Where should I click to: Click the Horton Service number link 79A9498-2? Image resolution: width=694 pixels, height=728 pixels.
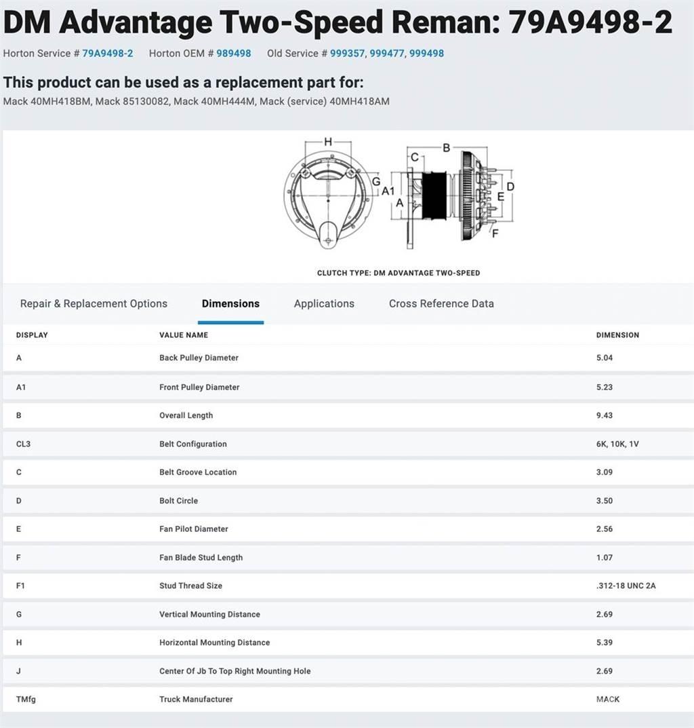[x=108, y=54]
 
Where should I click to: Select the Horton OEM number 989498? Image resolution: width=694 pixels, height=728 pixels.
[x=234, y=54]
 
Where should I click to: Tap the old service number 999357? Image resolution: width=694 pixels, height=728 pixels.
[x=348, y=54]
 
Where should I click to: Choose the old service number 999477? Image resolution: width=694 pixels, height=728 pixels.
[x=387, y=54]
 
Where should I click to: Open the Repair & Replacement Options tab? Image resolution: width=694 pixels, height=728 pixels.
[x=94, y=304]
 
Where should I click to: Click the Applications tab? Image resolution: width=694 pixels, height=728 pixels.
[x=324, y=304]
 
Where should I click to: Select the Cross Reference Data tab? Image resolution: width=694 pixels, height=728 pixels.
[x=441, y=304]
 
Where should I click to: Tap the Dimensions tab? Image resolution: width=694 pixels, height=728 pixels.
[x=230, y=304]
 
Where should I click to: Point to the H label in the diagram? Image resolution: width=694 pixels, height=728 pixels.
[x=328, y=142]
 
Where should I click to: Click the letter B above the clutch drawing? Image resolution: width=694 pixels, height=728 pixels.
[x=446, y=148]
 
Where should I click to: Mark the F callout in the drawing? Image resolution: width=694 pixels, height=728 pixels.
[x=495, y=233]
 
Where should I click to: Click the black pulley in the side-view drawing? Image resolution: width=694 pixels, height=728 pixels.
[x=434, y=195]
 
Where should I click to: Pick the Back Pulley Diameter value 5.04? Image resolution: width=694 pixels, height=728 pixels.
[x=605, y=358]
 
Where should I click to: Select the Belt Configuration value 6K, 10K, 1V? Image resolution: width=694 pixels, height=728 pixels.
[x=617, y=444]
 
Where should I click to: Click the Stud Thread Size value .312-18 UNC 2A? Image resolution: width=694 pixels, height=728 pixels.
[x=626, y=586]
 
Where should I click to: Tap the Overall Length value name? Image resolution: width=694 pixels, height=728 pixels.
[x=186, y=415]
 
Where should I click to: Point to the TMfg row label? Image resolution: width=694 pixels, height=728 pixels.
[x=26, y=700]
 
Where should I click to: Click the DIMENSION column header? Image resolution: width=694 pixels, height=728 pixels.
[x=617, y=334]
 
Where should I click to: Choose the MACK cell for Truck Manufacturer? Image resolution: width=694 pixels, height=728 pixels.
[x=608, y=700]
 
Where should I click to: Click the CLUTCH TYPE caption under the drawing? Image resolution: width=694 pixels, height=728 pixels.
[x=399, y=273]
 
